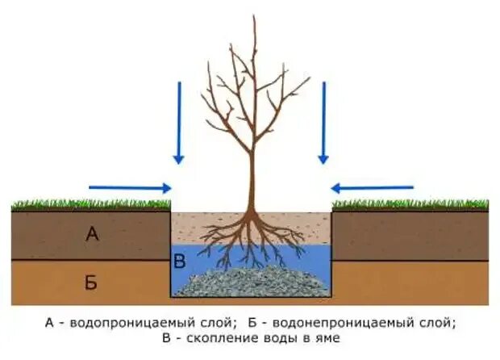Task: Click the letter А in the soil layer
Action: click(x=92, y=235)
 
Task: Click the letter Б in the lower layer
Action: click(x=91, y=282)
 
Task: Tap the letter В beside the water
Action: click(x=180, y=261)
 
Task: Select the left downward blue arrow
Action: click(x=179, y=121)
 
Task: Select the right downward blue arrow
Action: click(x=323, y=121)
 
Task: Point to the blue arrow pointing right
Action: click(x=130, y=188)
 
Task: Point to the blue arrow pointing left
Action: click(x=372, y=188)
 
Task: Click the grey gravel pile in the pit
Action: click(x=250, y=283)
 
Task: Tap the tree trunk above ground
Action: click(x=252, y=178)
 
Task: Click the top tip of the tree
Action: click(x=254, y=17)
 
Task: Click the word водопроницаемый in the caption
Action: click(x=120, y=322)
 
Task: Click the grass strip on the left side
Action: click(x=89, y=205)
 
